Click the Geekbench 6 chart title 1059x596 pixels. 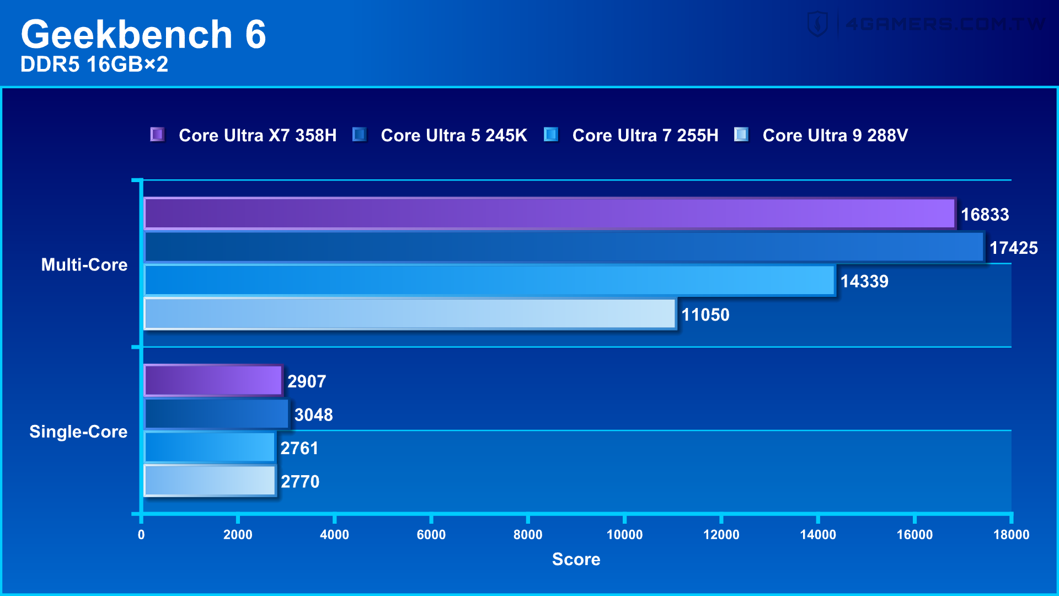point(143,34)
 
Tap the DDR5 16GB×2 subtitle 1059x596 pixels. point(94,65)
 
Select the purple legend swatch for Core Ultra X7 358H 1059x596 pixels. point(157,135)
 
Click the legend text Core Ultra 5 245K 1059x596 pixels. point(453,135)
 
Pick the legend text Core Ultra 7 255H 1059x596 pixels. point(645,135)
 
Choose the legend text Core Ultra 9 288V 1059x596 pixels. point(835,135)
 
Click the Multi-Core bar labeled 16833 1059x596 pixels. point(549,214)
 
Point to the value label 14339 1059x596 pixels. point(864,281)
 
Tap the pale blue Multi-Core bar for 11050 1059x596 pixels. point(409,314)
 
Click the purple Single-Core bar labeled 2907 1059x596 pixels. point(213,381)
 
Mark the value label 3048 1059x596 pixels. point(313,415)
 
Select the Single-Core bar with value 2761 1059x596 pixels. point(210,448)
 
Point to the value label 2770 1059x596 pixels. point(300,482)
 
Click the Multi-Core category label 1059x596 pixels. point(84,265)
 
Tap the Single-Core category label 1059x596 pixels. point(78,432)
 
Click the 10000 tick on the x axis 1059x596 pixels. point(624,534)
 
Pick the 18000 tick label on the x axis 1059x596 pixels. point(1010,534)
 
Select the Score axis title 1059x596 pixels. point(576,559)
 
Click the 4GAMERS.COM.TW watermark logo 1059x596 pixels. point(927,24)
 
